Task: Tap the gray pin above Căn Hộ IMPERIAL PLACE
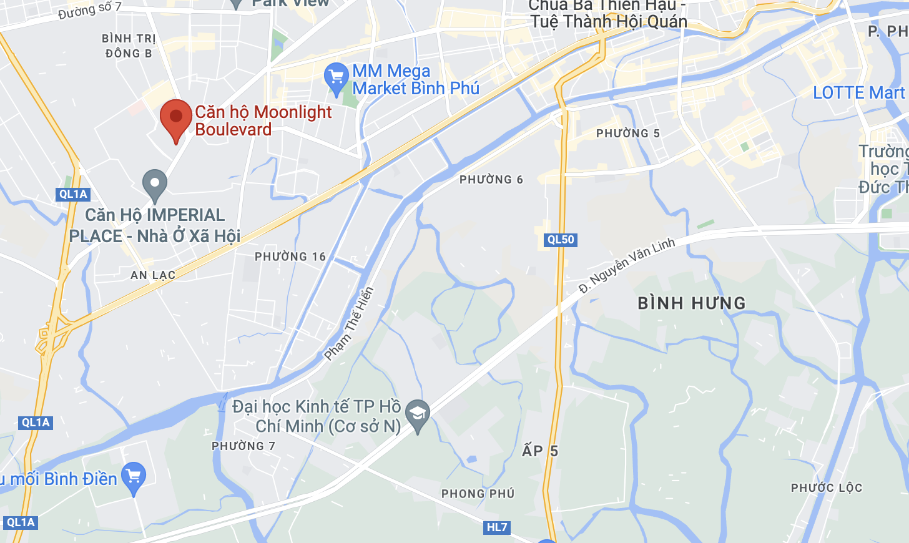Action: [154, 184]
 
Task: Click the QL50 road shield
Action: [560, 240]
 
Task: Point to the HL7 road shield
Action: [497, 527]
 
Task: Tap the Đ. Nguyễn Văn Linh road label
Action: [627, 265]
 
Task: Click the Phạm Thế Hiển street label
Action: [349, 324]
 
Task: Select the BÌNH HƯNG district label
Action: [692, 303]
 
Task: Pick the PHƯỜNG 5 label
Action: [627, 134]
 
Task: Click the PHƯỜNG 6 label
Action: [491, 180]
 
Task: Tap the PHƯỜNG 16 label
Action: [290, 257]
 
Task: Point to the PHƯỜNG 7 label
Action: [243, 446]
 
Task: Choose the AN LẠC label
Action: [153, 275]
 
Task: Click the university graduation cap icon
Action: [417, 413]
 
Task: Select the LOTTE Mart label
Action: [859, 93]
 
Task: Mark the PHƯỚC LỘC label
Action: [826, 488]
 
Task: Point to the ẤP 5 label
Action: [540, 451]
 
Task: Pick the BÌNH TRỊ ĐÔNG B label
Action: [129, 46]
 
